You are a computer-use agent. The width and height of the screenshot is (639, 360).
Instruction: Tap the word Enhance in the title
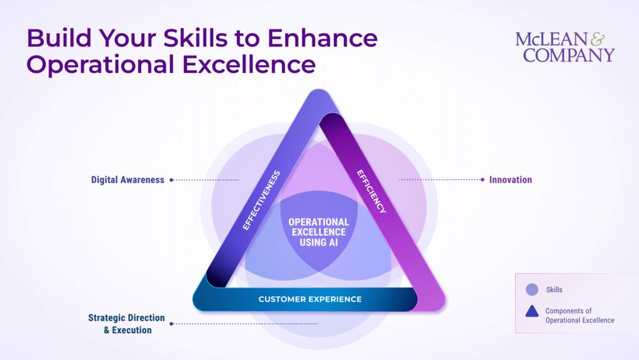[x=322, y=38]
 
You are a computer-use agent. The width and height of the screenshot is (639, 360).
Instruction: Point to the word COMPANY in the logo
[x=569, y=55]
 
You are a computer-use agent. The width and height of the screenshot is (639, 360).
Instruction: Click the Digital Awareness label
[x=128, y=180]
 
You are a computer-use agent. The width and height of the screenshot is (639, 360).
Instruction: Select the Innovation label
[x=511, y=180]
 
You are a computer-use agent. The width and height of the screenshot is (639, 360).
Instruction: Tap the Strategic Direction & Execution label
[x=127, y=324]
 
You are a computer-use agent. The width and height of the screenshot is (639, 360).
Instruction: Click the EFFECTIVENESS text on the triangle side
[x=261, y=200]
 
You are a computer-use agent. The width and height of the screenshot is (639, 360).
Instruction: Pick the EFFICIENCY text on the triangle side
[x=371, y=191]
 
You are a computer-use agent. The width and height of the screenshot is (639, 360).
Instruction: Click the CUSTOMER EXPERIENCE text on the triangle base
[x=310, y=299]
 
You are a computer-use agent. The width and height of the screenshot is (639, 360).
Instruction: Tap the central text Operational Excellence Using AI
[x=318, y=232]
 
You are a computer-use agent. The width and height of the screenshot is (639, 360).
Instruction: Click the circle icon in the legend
[x=532, y=290]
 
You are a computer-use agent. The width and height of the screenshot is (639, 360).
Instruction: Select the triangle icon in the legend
[x=532, y=312]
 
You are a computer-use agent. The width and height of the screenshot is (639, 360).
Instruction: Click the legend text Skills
[x=554, y=290]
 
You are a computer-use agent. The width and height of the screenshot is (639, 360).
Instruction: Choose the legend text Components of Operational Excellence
[x=580, y=316]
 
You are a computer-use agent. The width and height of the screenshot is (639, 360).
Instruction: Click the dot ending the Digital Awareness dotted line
[x=171, y=180]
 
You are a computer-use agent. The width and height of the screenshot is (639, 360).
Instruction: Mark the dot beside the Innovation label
[x=482, y=180]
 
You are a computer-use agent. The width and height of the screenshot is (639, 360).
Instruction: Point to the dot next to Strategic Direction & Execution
[x=171, y=324]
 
